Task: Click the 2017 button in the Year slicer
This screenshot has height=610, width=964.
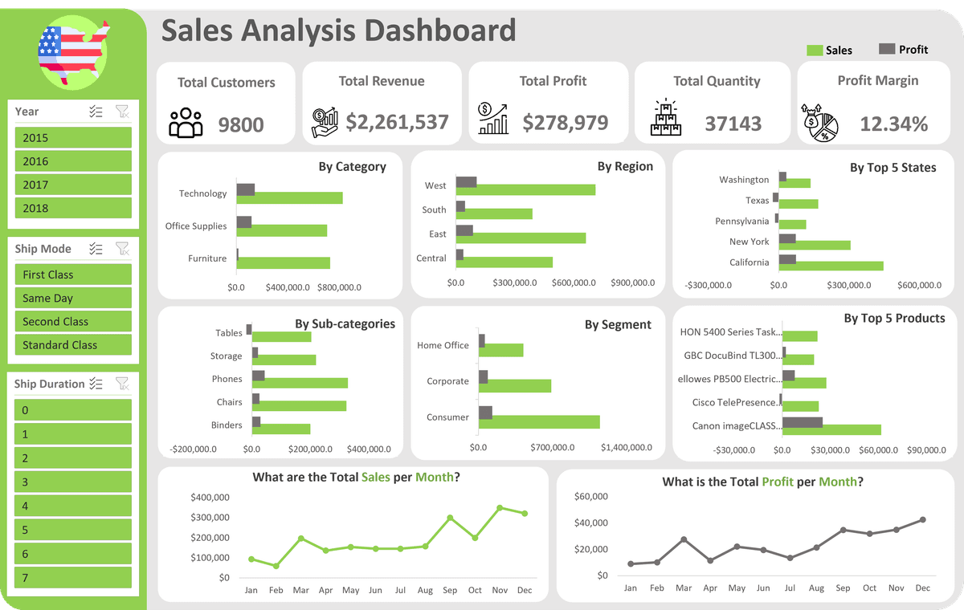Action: [72, 185]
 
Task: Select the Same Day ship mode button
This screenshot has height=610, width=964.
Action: [72, 298]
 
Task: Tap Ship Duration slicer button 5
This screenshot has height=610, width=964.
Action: [72, 530]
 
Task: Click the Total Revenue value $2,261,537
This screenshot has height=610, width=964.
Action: [397, 123]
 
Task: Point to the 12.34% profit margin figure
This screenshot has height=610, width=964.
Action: [893, 124]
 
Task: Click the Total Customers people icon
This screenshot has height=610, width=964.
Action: [186, 123]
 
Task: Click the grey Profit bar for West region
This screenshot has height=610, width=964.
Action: [466, 181]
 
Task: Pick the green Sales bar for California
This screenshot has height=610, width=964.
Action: [831, 266]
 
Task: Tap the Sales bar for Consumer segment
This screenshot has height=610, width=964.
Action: [539, 422]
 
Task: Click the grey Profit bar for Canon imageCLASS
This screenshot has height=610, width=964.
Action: [803, 422]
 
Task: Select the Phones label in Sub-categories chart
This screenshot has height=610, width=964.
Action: [227, 379]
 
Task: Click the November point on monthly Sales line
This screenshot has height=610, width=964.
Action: [500, 508]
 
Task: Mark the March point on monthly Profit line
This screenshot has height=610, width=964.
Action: [684, 539]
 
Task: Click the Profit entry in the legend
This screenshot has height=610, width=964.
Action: [904, 50]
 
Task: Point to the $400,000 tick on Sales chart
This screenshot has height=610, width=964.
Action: [210, 498]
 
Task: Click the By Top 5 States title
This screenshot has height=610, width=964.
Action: [893, 168]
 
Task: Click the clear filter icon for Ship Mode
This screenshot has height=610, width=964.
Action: [122, 249]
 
